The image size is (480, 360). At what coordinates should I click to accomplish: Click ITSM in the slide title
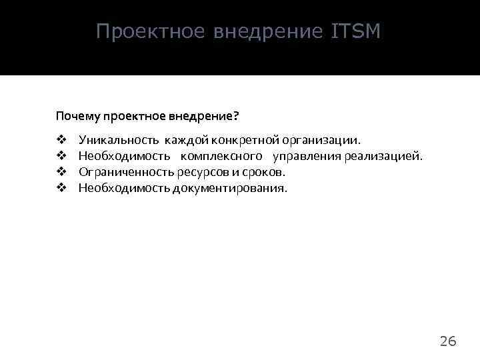(355, 31)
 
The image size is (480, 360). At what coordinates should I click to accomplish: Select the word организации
(323, 140)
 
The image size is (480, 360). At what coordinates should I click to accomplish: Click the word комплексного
(221, 156)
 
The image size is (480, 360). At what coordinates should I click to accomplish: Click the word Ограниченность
(127, 172)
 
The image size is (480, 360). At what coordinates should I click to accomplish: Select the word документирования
(230, 188)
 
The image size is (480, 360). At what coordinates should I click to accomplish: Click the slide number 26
(448, 342)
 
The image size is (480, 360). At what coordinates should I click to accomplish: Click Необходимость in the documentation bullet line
(124, 188)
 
